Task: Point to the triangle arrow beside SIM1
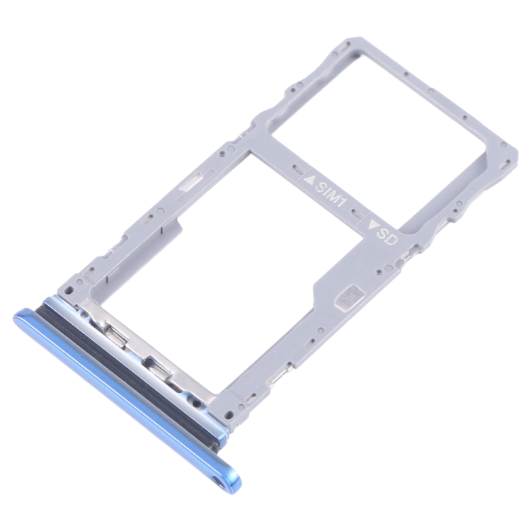pos(309,178)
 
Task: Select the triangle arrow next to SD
pos(375,224)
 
